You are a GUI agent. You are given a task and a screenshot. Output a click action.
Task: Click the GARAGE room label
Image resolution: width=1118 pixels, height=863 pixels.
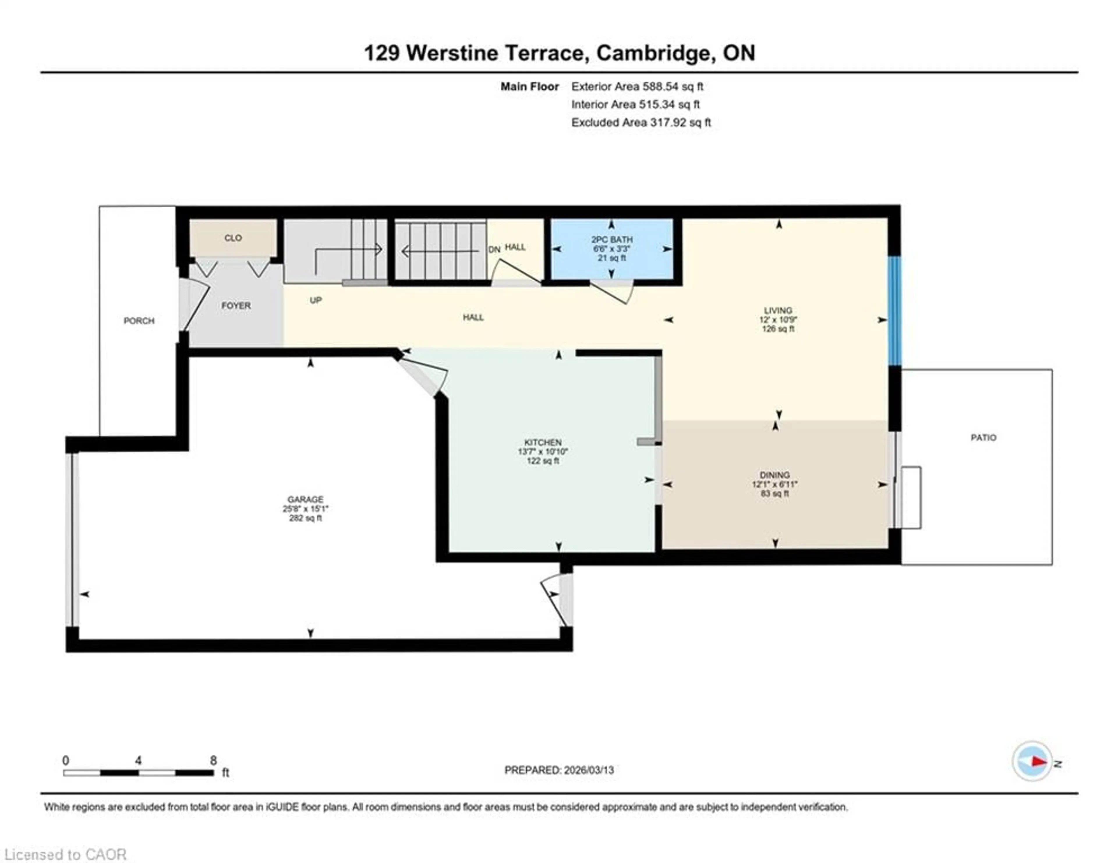coord(305,499)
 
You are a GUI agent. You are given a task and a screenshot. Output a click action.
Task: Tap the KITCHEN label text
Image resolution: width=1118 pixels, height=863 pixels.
coord(543,442)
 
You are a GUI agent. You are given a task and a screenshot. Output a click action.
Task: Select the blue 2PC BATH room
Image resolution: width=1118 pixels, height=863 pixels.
coord(612,249)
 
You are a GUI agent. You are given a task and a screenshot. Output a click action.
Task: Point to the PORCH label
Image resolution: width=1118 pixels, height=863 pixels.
coord(139,321)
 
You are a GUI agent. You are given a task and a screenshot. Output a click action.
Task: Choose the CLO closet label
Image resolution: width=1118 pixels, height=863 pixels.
coord(233,238)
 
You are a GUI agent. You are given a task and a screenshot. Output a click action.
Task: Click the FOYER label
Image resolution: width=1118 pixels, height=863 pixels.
coord(236,306)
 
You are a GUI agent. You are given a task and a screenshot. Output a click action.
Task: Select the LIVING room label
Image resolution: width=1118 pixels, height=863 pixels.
coord(778,310)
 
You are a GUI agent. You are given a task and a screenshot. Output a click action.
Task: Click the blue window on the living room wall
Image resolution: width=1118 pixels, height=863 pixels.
coord(894,311)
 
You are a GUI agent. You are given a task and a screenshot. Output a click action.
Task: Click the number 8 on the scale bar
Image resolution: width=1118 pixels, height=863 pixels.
coord(213,761)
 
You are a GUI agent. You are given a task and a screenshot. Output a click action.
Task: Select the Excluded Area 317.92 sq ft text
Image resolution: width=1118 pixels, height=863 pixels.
coord(641,122)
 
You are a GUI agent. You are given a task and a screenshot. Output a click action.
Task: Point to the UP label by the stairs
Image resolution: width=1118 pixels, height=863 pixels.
coord(316,300)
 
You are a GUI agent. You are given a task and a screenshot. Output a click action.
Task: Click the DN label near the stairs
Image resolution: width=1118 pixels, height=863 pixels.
coord(494,250)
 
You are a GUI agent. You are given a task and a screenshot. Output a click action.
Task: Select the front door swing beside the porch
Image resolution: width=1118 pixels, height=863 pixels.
coord(194,306)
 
